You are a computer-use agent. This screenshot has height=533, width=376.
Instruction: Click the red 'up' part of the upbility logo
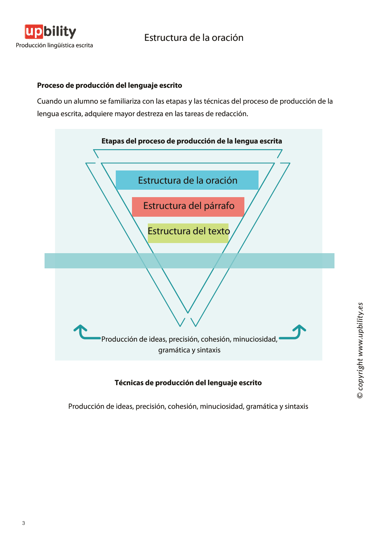pyautogui.click(x=34, y=32)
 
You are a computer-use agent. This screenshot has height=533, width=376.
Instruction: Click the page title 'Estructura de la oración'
pyautogui.click(x=194, y=37)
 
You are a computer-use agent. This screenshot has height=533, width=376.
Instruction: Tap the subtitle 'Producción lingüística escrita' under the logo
pyautogui.click(x=54, y=45)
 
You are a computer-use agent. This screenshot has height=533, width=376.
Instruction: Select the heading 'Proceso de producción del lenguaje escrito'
pyautogui.click(x=109, y=85)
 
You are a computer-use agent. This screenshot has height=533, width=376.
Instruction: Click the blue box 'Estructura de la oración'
pyautogui.click(x=187, y=180)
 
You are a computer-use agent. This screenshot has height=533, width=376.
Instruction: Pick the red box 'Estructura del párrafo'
pyautogui.click(x=188, y=206)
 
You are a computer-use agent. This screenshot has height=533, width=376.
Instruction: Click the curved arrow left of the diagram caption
pyautogui.click(x=84, y=332)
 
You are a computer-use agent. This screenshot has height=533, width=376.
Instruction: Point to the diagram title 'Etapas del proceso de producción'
pyautogui.click(x=191, y=141)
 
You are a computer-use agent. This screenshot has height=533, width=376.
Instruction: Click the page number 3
pyautogui.click(x=24, y=523)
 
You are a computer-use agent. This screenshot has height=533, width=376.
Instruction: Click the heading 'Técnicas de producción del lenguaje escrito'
pyautogui.click(x=188, y=383)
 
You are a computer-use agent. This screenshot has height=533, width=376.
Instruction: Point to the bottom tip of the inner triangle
pyautogui.click(x=188, y=312)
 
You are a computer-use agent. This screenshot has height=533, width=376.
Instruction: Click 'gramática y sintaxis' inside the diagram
pyautogui.click(x=189, y=350)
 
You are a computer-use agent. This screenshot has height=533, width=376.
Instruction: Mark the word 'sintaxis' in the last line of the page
pyautogui.click(x=296, y=406)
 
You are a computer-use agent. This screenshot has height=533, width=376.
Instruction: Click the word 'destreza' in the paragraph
pyautogui.click(x=150, y=114)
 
